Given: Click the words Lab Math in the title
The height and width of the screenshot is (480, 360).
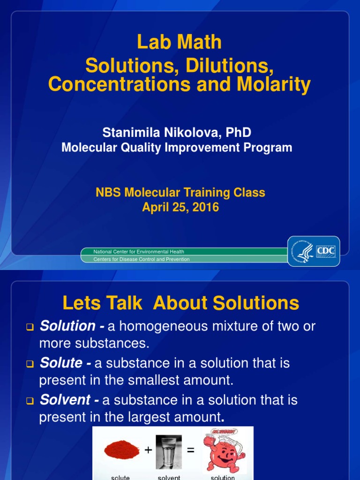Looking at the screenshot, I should [180, 42].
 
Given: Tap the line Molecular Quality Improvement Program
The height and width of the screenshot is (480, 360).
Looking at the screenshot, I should [177, 148].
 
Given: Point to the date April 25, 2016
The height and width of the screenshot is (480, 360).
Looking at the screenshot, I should [180, 207].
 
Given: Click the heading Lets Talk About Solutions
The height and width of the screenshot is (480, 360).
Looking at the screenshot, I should [180, 303].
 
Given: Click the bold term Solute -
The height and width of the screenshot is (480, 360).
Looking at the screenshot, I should [65, 363].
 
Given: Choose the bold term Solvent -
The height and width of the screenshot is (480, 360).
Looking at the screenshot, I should [68, 400].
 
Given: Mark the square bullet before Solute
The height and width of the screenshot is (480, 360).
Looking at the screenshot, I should [30, 364].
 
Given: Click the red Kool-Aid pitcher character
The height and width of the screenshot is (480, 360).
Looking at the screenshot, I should [222, 450].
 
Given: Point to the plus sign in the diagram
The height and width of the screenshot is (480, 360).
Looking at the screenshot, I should [148, 450].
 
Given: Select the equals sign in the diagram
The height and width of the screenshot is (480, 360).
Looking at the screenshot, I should [190, 450].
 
